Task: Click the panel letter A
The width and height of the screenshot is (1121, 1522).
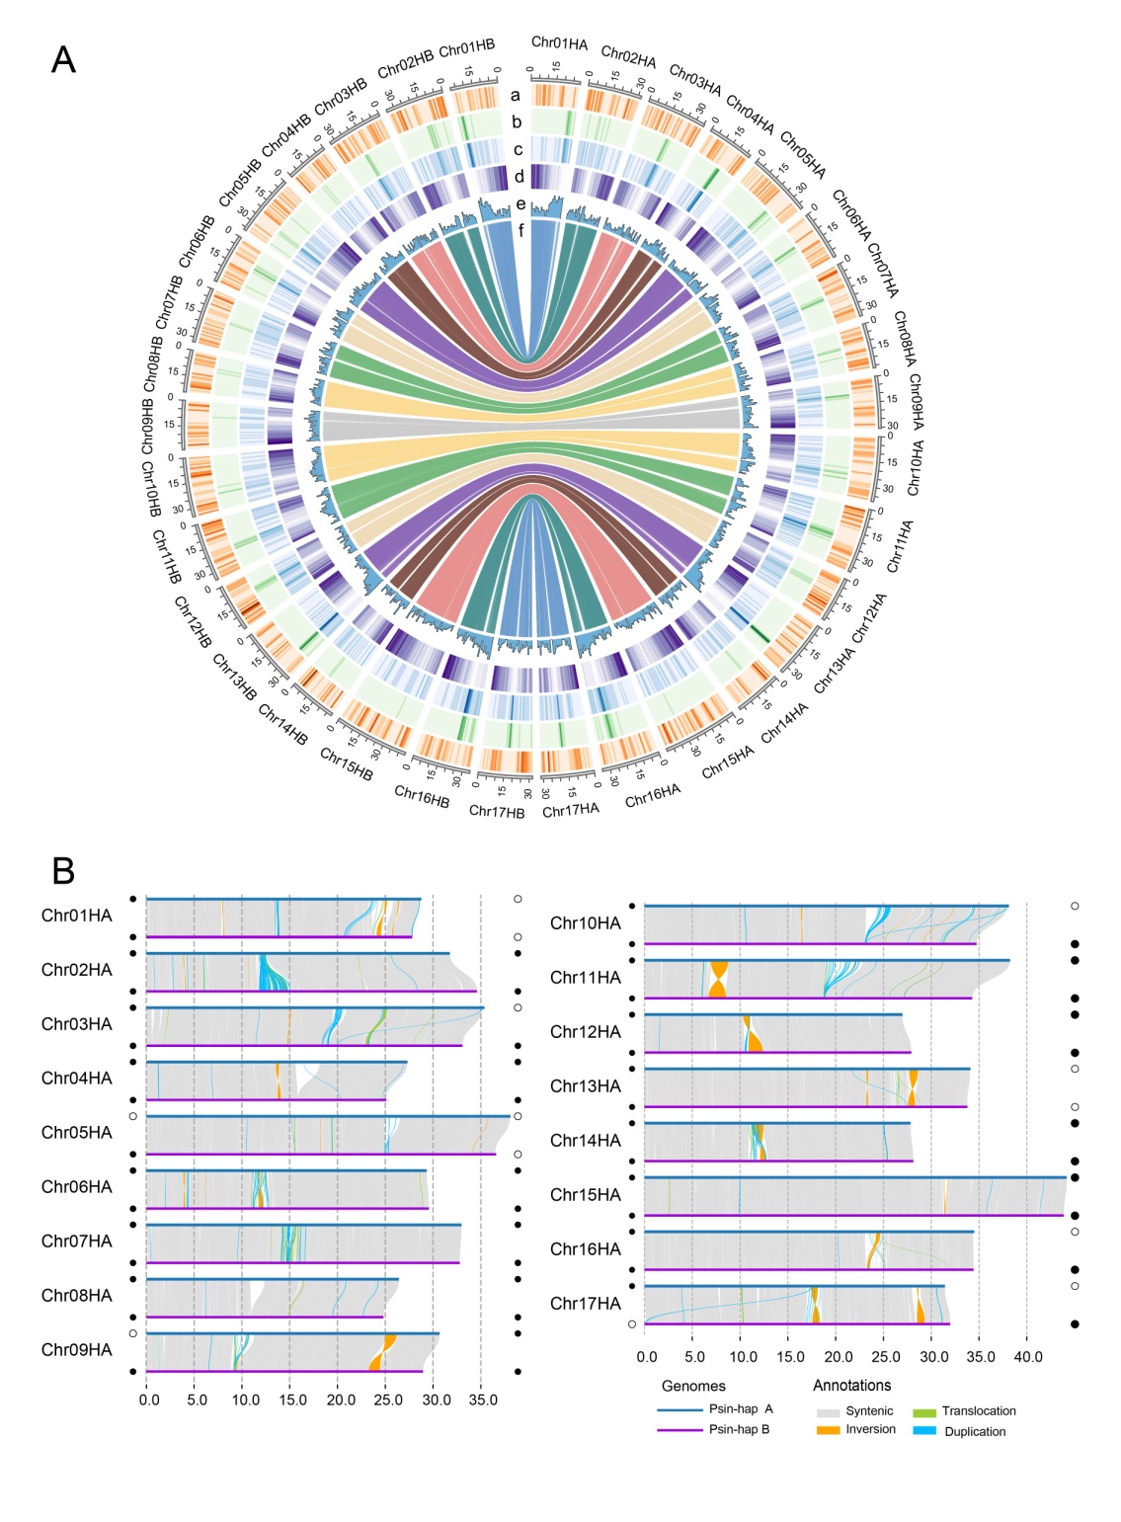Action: (x=63, y=61)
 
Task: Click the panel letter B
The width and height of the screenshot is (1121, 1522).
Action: (x=63, y=871)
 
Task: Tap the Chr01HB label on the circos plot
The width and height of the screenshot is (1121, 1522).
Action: (x=466, y=47)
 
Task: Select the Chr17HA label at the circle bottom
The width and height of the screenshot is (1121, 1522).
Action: (x=571, y=810)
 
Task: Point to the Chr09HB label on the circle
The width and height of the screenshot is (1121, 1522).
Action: (x=146, y=426)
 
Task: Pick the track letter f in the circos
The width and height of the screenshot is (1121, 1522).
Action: (x=520, y=230)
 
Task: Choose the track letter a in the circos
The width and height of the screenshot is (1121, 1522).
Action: (x=515, y=96)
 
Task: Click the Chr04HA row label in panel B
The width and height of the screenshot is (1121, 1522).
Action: (x=77, y=1079)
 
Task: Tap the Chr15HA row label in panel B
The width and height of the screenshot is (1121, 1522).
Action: (x=586, y=1195)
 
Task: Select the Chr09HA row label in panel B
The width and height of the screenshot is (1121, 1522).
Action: (x=77, y=1350)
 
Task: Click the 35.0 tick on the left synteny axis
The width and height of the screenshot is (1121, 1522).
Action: (x=482, y=1400)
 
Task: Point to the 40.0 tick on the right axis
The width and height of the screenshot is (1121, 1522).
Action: (x=1028, y=1357)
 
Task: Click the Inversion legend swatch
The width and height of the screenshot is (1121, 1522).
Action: (x=828, y=1429)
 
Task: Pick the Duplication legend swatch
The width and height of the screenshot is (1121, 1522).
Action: (x=924, y=1430)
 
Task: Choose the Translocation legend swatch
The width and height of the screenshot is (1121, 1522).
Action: (x=924, y=1412)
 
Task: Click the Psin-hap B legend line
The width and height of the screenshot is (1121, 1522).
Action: (x=679, y=1429)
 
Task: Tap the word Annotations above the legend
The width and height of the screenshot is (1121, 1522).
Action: (x=851, y=1386)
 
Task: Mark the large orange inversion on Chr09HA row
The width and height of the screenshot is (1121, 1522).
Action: (x=382, y=1352)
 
